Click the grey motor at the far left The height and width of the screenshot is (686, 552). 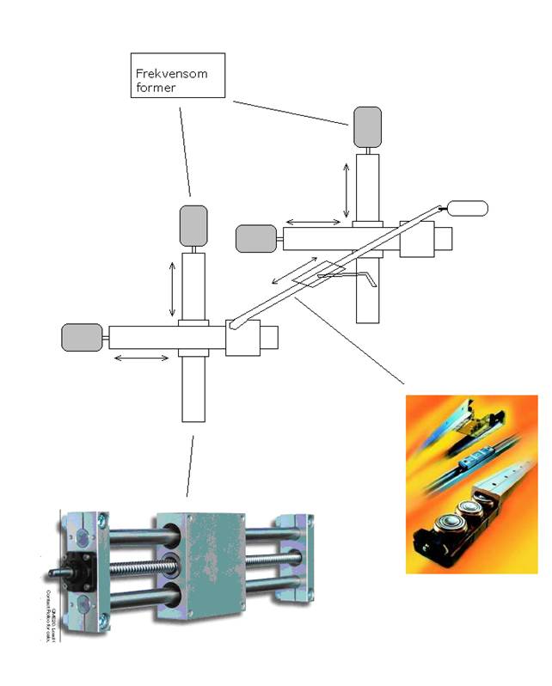tap(83, 337)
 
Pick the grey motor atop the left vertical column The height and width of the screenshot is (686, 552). tap(193, 226)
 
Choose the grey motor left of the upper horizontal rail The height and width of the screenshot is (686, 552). tap(256, 238)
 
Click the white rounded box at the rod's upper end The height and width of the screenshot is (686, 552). tap(468, 207)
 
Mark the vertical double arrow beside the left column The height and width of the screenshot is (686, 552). tap(172, 288)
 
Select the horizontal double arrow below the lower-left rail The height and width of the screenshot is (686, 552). tap(142, 357)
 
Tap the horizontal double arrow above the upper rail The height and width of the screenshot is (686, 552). tap(312, 222)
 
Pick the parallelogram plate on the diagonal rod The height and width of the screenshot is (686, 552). tap(318, 273)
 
